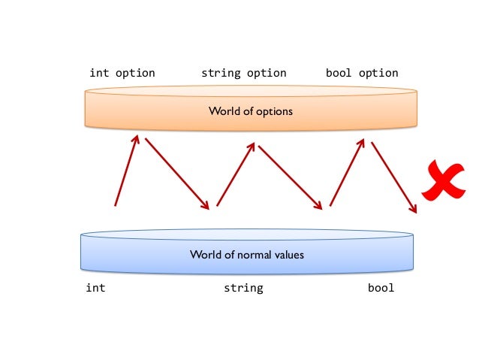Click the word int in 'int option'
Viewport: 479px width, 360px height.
98,73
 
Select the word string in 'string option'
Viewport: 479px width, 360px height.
220,73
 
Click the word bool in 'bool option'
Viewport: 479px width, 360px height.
339,73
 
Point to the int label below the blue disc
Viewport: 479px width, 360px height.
95,288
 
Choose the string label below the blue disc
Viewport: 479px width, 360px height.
243,288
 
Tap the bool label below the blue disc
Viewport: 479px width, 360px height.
381,288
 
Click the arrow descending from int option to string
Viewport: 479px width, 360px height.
177,173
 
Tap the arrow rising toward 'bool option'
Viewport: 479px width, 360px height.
347,172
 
